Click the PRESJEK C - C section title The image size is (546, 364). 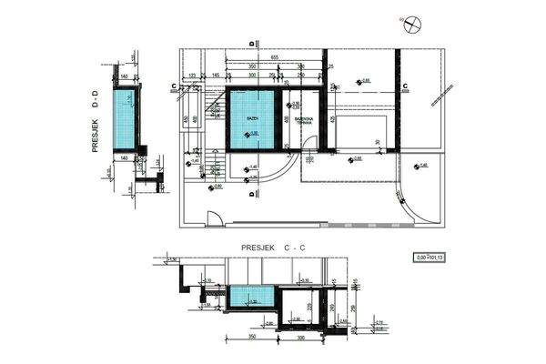pos(272,248)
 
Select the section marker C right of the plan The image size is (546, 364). pos(403,86)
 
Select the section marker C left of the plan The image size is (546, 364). pos(173,86)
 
